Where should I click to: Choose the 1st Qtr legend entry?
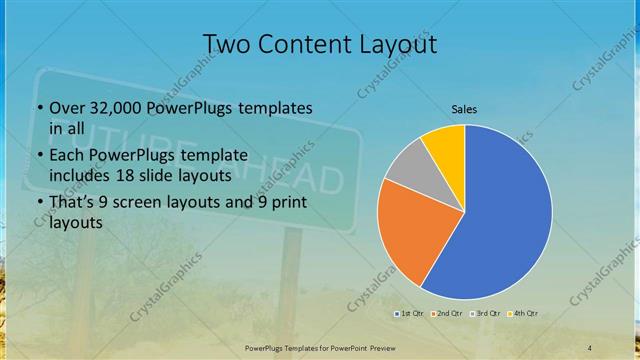coord(409,315)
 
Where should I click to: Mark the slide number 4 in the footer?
coord(590,347)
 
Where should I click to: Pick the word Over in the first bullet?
coord(66,108)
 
